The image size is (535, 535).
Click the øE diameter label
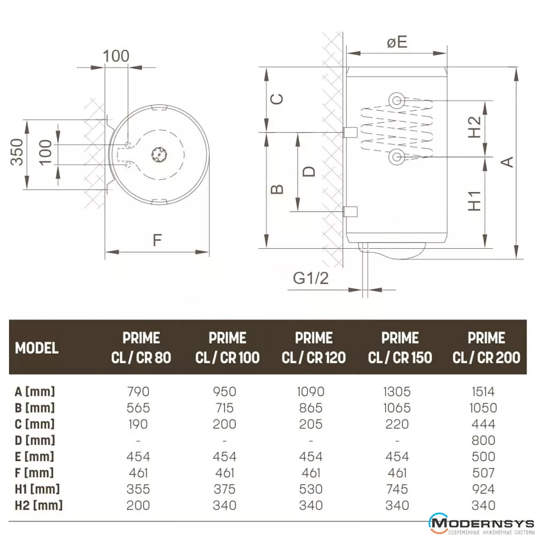[x=397, y=42]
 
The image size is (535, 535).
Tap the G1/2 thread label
[x=310, y=278]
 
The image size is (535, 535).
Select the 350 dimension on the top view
[x=17, y=152]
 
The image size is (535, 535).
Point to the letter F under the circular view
[x=157, y=240]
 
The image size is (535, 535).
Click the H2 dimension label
[x=474, y=127]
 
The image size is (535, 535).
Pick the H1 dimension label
[x=474, y=201]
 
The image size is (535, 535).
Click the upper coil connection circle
[x=396, y=101]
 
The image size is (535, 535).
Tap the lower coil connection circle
[x=396, y=157]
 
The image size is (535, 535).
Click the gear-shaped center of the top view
[x=159, y=155]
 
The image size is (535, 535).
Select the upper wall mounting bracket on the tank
[x=350, y=132]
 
